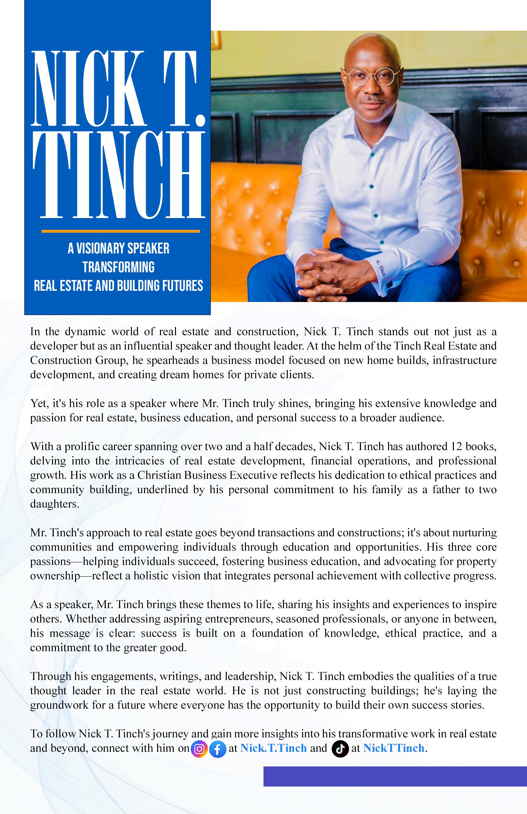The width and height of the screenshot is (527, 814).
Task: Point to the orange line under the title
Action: point(120,231)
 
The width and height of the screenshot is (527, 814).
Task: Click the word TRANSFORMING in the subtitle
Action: point(118,267)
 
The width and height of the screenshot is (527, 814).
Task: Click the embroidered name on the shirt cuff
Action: point(380,268)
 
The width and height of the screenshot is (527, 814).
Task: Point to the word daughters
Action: point(54,504)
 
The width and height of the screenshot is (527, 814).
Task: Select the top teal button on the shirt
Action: point(372,154)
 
